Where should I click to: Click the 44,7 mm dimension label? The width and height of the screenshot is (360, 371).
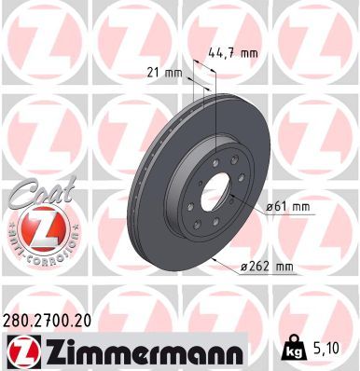233,53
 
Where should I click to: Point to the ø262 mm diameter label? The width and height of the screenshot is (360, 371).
268,268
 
